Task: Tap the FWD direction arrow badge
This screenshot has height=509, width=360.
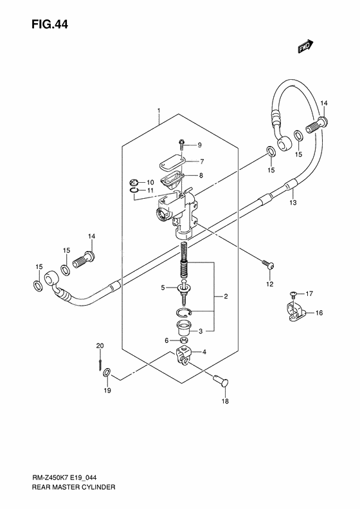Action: [304, 46]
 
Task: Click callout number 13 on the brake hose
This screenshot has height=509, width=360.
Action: [292, 202]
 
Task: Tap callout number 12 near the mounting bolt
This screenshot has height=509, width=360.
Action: [269, 283]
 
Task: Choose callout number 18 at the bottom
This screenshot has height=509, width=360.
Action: [225, 403]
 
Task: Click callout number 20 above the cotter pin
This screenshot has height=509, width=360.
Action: [100, 347]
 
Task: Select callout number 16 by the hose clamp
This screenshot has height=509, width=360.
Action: [319, 313]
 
